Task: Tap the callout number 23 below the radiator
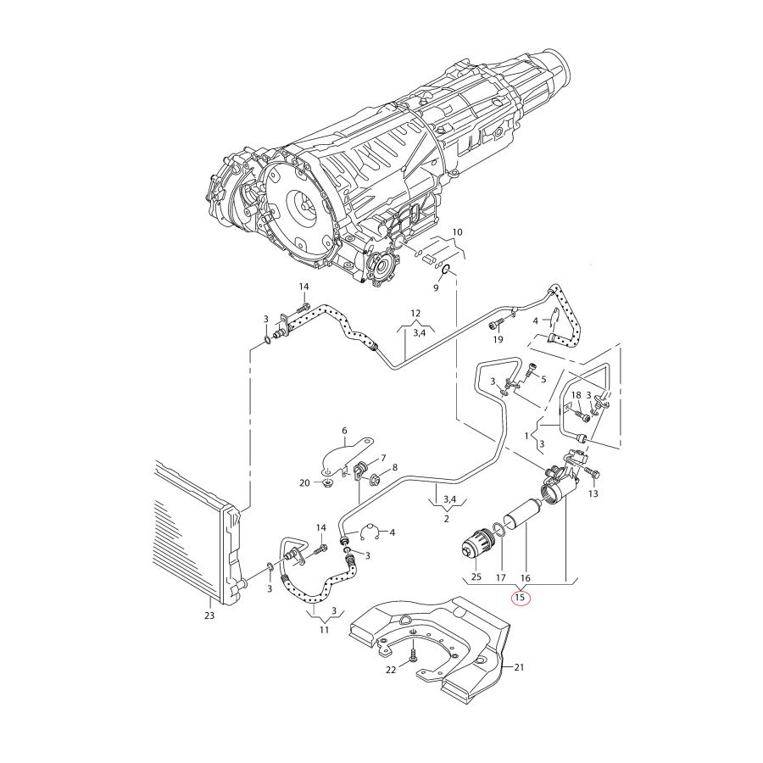pyautogui.click(x=209, y=615)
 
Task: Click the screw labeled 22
pyautogui.click(x=413, y=654)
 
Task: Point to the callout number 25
pyautogui.click(x=476, y=577)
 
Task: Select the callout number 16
pyautogui.click(x=525, y=577)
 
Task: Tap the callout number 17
pyautogui.click(x=500, y=577)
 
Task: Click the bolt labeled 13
pyautogui.click(x=591, y=472)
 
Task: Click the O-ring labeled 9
pyautogui.click(x=447, y=272)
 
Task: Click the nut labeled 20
pyautogui.click(x=326, y=483)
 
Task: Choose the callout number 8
pyautogui.click(x=394, y=468)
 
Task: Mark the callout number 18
pyautogui.click(x=576, y=396)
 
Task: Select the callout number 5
pyautogui.click(x=543, y=379)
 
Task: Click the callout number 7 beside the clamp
pyautogui.click(x=382, y=457)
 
